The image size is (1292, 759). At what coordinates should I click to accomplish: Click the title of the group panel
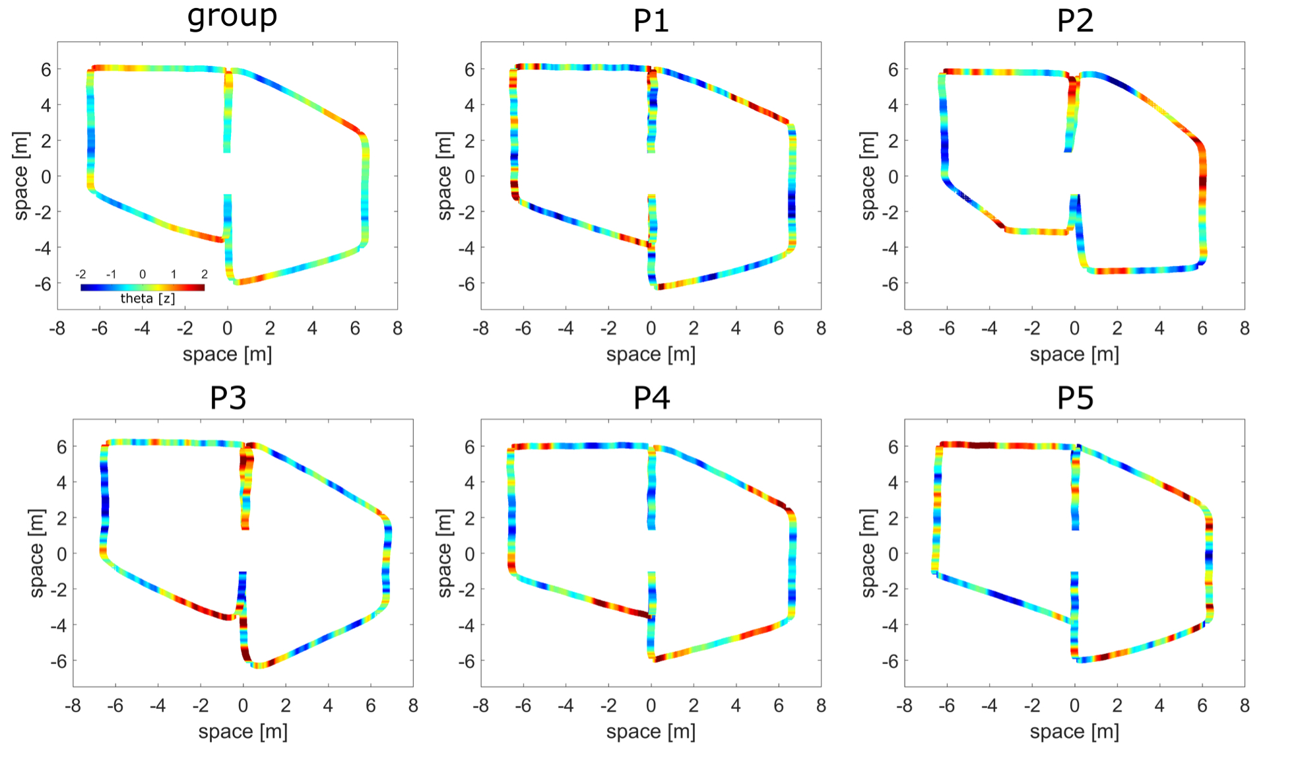tap(232, 16)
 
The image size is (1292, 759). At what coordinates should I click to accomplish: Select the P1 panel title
tap(651, 20)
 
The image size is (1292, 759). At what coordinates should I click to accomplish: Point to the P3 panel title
tap(228, 398)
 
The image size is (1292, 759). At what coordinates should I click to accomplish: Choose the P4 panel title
tap(651, 398)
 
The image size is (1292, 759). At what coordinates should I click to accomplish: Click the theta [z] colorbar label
tap(147, 298)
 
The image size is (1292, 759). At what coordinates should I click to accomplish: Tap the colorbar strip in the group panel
tap(142, 287)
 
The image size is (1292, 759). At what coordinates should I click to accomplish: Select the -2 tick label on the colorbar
tap(81, 274)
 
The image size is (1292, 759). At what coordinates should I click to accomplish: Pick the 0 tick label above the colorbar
tap(143, 274)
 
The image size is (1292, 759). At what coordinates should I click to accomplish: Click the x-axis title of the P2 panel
tap(1074, 354)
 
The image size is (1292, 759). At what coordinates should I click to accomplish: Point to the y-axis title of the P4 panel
tap(445, 553)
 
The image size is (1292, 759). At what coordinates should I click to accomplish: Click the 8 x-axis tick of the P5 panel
tap(1244, 706)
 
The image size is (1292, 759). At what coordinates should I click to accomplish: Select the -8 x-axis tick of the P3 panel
tap(73, 706)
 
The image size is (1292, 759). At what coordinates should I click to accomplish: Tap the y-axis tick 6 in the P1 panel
tap(469, 69)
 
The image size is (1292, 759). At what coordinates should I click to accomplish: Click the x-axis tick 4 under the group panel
tap(312, 328)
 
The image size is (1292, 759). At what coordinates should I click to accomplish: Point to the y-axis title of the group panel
tap(21, 176)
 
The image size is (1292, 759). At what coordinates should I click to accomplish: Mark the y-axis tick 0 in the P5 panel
tap(893, 554)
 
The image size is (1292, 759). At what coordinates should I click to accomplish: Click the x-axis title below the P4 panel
tap(651, 732)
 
